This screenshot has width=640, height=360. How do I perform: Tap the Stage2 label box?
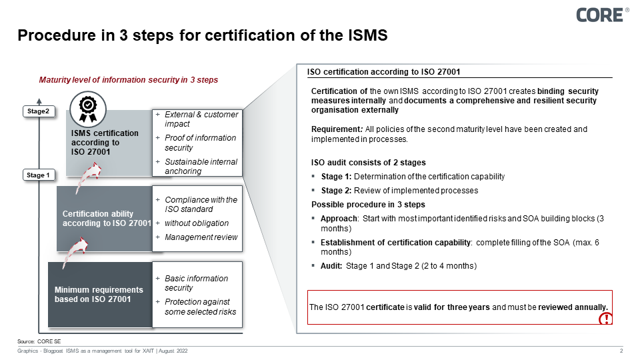(x=38, y=111)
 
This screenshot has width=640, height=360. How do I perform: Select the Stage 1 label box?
(x=38, y=175)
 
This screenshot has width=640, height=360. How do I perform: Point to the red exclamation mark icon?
(x=605, y=319)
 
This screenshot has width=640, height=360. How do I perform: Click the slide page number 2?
(x=621, y=351)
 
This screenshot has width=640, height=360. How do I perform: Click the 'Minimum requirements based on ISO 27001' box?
(x=99, y=295)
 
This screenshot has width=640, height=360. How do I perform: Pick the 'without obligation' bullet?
(x=196, y=223)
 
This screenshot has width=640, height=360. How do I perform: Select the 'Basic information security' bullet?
(x=196, y=283)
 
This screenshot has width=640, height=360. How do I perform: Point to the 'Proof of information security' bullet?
(x=200, y=143)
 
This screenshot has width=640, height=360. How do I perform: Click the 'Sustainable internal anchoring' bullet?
(x=201, y=167)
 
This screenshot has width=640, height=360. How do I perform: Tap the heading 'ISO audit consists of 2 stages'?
(x=368, y=163)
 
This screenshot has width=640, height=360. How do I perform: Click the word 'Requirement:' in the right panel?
(x=332, y=129)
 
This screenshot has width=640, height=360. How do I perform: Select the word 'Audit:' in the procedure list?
(x=332, y=266)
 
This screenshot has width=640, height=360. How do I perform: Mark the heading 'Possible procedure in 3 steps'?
(x=368, y=204)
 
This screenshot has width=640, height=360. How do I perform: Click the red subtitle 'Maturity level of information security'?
(x=129, y=80)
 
